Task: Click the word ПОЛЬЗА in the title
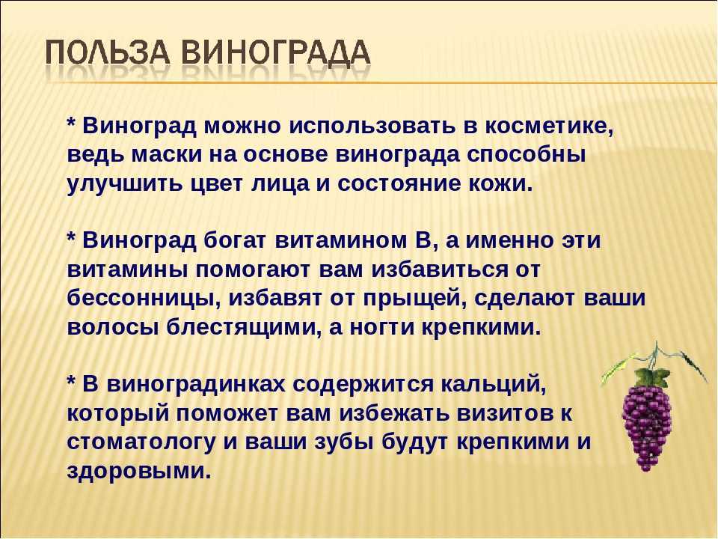(108, 54)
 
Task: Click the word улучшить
(123, 184)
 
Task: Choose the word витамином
(341, 240)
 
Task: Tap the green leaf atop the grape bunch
(651, 377)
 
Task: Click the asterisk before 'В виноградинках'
(72, 380)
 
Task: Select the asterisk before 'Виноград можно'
(72, 122)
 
